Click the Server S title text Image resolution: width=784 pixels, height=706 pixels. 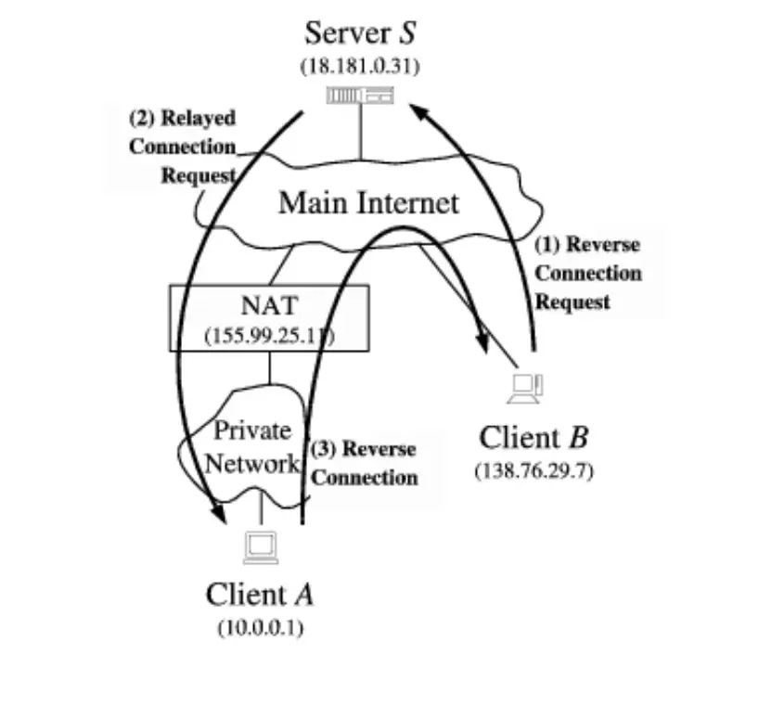coord(360,33)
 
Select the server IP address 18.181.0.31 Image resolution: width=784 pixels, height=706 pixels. coord(358,67)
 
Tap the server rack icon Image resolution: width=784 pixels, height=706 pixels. coord(360,95)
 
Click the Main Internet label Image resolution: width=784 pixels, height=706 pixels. coord(368,202)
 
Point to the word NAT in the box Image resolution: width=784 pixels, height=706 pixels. coord(269,305)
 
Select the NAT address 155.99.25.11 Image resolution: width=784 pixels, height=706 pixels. coord(269,335)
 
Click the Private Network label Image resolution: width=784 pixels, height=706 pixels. coord(252,446)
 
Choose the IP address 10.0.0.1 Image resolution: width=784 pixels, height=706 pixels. coord(260,627)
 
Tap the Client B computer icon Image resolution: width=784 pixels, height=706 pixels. coord(526,388)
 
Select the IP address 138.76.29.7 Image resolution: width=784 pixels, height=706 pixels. coord(533,470)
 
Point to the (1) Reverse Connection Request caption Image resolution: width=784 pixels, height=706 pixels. coord(588,274)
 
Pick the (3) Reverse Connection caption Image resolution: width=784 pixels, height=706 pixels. coord(364,463)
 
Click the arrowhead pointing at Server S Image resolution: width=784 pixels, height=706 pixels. coord(420,111)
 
